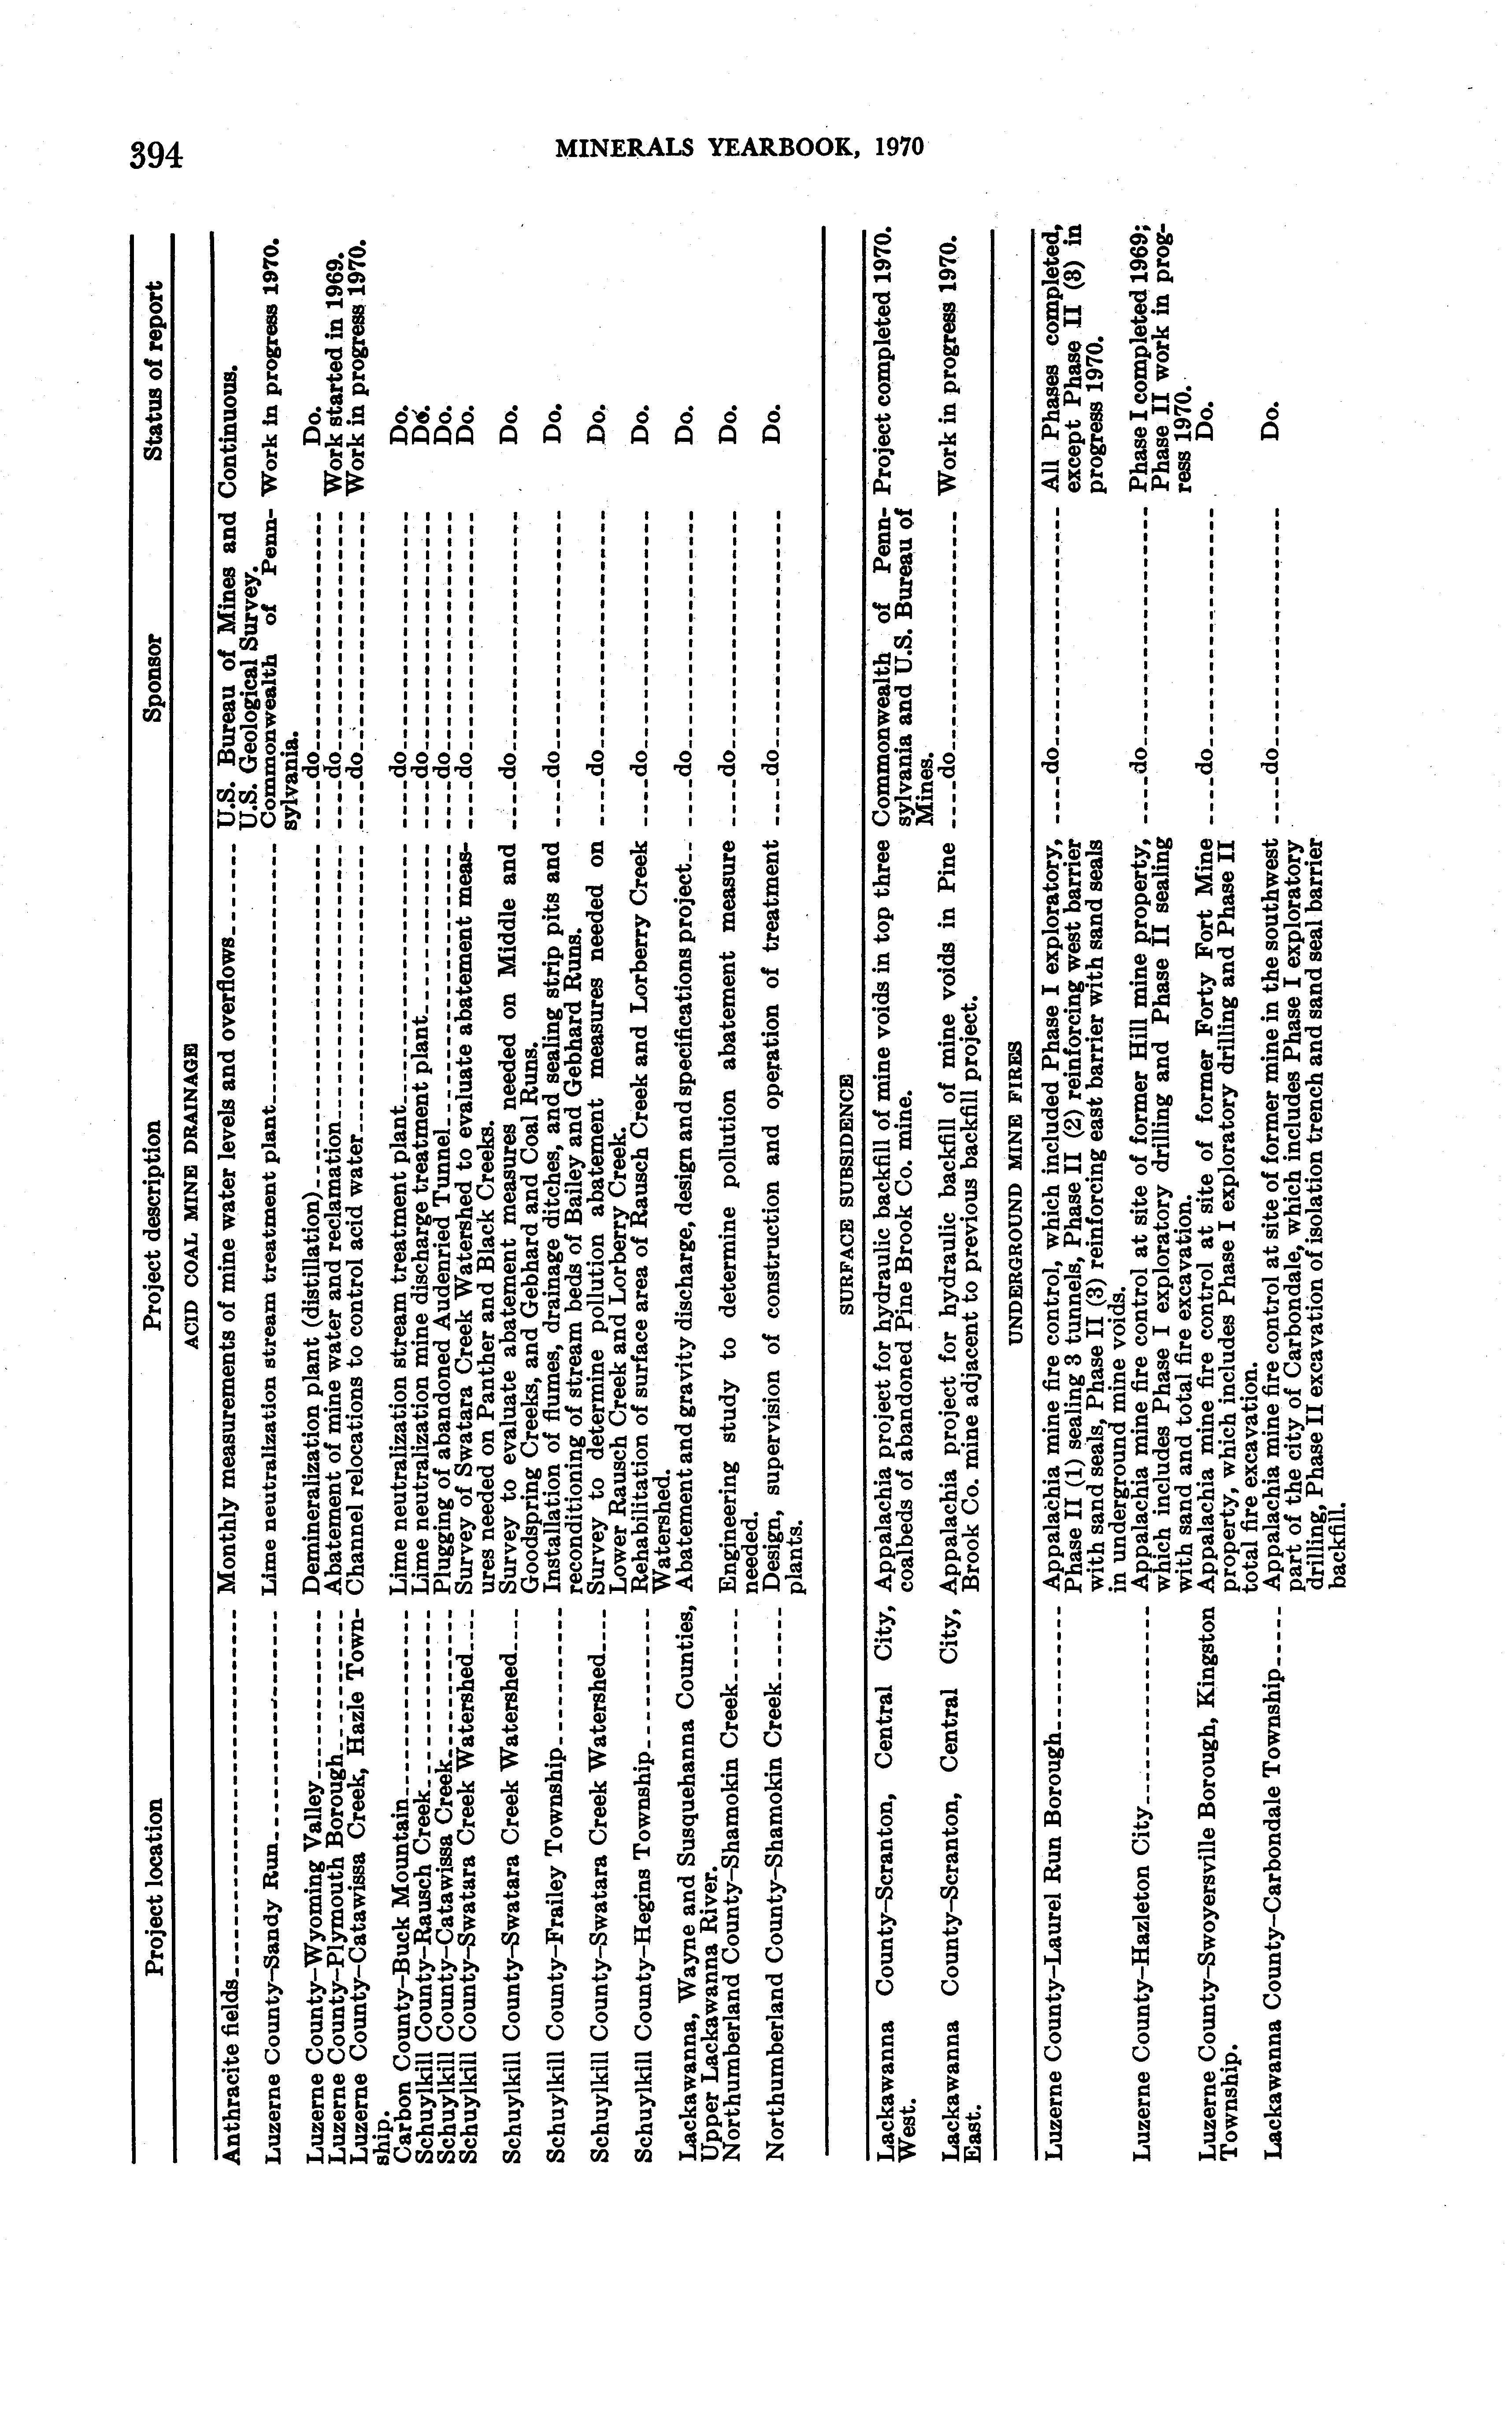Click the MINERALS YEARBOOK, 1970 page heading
tap(740, 147)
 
